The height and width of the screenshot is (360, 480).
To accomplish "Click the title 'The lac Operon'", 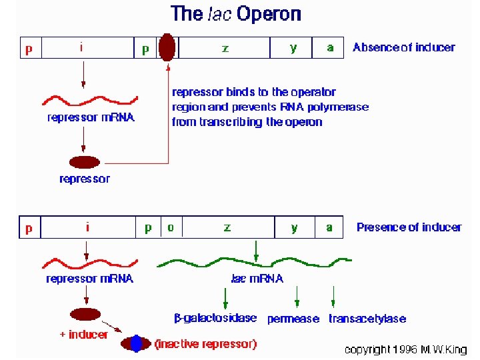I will coord(236,13).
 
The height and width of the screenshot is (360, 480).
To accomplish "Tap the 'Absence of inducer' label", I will coord(403,47).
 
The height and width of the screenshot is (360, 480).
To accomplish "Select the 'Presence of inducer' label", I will coord(409,227).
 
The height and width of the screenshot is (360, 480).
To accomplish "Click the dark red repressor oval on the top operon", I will coord(167,47).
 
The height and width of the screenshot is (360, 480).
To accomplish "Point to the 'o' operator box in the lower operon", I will coord(171,227).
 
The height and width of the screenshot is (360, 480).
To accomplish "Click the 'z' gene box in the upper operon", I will coord(225,48).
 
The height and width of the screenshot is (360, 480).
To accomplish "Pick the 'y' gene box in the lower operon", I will coord(295,227).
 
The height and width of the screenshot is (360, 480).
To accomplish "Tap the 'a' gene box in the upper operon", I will coord(330,48).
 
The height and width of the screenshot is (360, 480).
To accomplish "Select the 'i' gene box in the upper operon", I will coord(82,48).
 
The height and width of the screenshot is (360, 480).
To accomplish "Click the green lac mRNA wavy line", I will coord(253,260).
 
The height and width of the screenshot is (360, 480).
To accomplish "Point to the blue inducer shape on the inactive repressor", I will coord(137,343).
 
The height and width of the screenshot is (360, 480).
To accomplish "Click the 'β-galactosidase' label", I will coord(215,318).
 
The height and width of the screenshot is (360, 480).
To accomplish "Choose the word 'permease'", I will coord(293,319).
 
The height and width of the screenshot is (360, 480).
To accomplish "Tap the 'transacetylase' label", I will coord(367,319).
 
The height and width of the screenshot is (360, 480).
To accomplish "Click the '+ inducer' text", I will coord(83,334).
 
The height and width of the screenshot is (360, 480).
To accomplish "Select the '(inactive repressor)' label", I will coord(205,344).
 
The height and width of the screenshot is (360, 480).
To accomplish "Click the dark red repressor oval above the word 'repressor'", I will coord(83,162).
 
